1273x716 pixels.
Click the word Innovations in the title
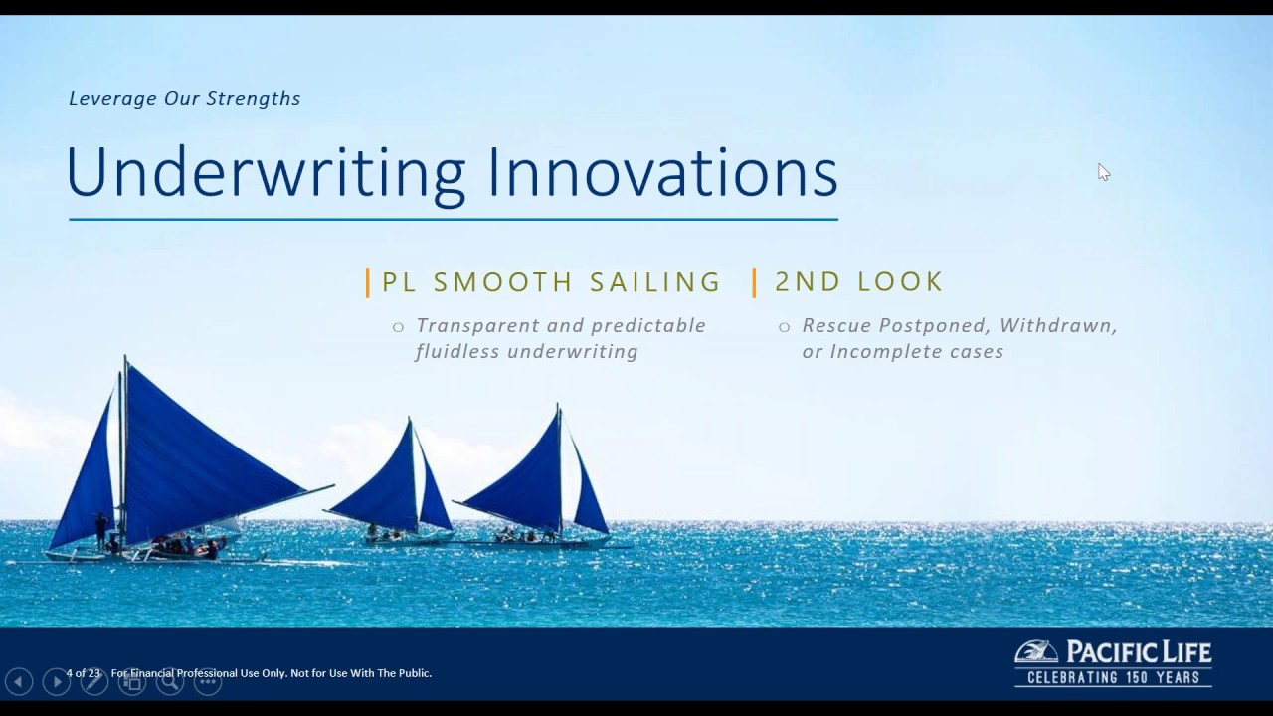[x=662, y=174]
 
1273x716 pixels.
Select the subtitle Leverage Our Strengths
[x=185, y=98]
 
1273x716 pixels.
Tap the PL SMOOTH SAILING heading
[x=551, y=282]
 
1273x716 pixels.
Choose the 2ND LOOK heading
[x=858, y=282]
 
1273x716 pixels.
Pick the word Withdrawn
[x=1058, y=325]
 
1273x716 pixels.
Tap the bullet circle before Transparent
[x=398, y=326]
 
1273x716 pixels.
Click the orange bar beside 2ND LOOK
[x=755, y=282]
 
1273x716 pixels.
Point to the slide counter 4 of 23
[x=84, y=673]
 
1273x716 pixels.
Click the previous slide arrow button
[x=19, y=681]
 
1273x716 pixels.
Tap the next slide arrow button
[x=56, y=681]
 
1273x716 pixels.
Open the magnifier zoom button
[x=169, y=681]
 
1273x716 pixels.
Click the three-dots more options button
[x=207, y=681]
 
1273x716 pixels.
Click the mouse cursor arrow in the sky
[x=1103, y=172]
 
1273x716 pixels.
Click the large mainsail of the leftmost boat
[x=199, y=457]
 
